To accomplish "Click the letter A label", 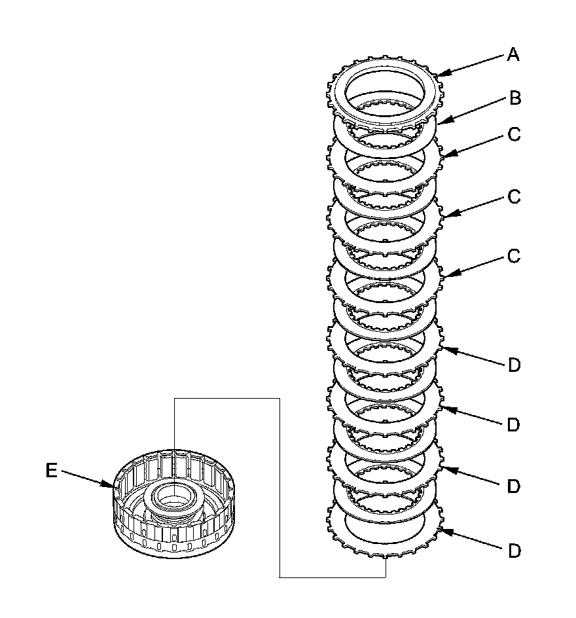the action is [513, 56].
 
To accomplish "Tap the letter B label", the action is [515, 99].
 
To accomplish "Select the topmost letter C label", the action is [514, 134].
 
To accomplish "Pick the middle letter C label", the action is [514, 196].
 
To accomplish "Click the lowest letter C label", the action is [514, 256].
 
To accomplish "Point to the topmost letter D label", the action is [514, 365].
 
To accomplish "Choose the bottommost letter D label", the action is [514, 551].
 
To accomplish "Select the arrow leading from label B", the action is [473, 110].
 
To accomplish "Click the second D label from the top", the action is [514, 425].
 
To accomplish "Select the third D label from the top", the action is [514, 486].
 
